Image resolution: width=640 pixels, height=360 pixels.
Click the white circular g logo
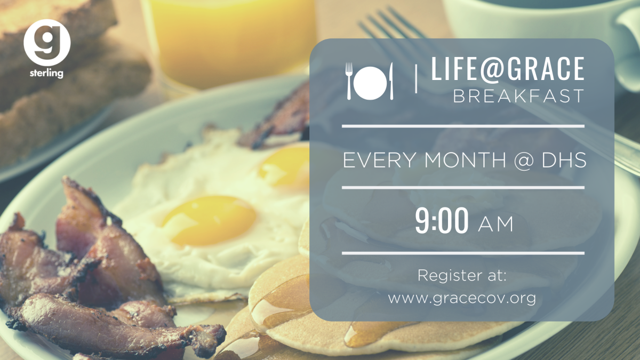point(47,43)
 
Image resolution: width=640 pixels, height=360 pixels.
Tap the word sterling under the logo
point(46,73)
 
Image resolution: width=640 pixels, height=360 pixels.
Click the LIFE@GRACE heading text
point(507,69)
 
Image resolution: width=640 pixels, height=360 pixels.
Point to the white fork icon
point(349,81)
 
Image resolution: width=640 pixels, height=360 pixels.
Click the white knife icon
point(391,81)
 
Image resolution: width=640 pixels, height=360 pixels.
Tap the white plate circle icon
point(370,83)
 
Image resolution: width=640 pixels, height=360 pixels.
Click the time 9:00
point(442,220)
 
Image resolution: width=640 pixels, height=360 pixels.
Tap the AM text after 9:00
point(495,225)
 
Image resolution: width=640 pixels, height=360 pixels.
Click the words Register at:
point(462,275)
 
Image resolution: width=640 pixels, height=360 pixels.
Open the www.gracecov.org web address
point(462,299)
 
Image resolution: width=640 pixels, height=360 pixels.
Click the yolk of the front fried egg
point(210,220)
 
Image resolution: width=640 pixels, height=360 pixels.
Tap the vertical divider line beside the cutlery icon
point(416,78)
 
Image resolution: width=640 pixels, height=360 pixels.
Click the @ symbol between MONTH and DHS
point(523,161)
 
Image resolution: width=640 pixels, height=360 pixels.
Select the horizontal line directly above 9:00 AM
point(463,188)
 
